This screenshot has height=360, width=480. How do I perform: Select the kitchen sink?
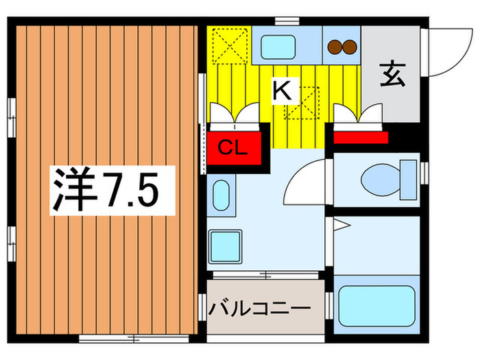(278, 47)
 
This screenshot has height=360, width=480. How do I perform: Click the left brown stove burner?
(335, 47)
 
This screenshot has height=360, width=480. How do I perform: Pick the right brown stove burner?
(350, 47)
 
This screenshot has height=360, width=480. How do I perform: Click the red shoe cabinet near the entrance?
(361, 138)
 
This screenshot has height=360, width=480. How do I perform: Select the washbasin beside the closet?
(220, 195)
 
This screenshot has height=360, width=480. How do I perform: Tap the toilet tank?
(409, 180)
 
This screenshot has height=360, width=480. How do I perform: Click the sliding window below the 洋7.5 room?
(135, 337)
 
